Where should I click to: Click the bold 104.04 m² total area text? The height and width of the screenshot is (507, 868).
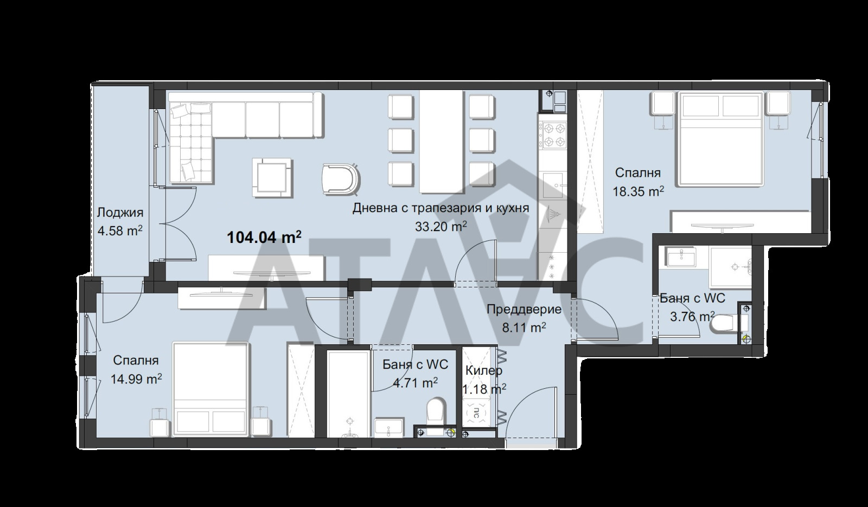(x=264, y=237)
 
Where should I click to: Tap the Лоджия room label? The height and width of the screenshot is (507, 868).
(x=120, y=213)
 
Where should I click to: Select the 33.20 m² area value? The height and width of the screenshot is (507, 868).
(x=441, y=226)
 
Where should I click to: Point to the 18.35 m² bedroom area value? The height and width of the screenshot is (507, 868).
(x=638, y=191)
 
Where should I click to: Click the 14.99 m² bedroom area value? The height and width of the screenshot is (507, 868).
(x=136, y=378)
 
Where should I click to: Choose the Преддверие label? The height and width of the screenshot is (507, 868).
(x=524, y=310)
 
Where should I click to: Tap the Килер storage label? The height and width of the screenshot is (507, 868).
(x=483, y=371)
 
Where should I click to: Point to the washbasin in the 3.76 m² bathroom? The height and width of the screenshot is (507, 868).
(x=681, y=256)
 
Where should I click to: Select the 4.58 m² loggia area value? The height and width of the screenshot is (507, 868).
(x=120, y=230)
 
